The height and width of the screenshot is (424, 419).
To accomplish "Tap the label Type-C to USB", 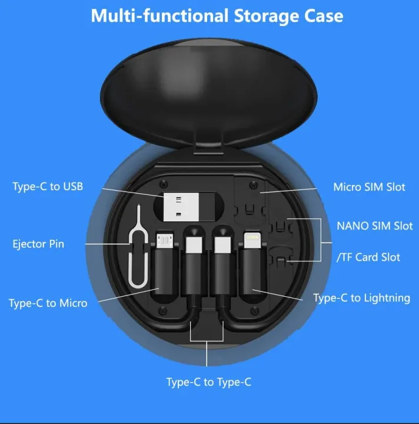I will (48, 187).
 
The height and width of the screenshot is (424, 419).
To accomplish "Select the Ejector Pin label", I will (38, 244).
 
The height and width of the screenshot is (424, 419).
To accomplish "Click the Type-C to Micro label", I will (48, 303).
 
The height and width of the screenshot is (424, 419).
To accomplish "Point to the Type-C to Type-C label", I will (209, 382).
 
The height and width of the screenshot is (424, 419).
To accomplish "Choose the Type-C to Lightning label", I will (361, 298).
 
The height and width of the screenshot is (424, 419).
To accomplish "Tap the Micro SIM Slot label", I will (369, 187).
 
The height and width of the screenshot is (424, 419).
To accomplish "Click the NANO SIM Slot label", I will (374, 226).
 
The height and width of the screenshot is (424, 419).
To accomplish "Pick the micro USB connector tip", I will (164, 241).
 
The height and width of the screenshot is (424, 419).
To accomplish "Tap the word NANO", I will (353, 226).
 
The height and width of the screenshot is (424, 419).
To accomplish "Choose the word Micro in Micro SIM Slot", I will (347, 187).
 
